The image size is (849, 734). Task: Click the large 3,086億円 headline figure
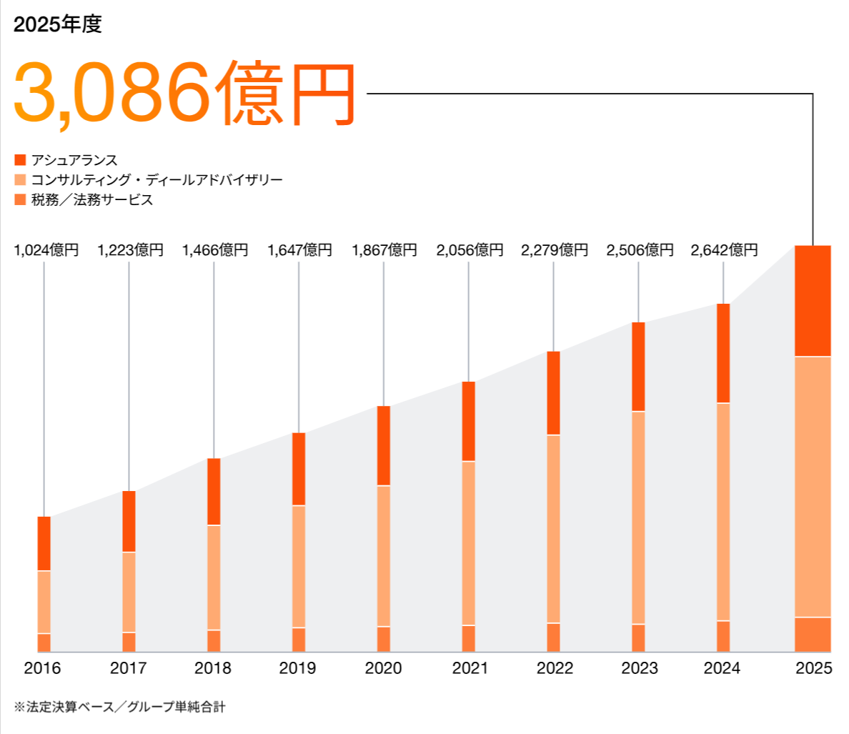184,94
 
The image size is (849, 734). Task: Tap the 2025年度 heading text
58,24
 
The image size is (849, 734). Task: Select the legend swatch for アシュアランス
20,160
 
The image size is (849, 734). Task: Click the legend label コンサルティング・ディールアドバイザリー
157,179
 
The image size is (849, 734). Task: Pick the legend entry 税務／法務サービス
91,199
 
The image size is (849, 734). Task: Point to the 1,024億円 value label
46,250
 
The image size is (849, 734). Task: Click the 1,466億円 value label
214,250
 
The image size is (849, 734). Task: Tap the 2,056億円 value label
470,250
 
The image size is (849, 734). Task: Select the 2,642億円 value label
724,250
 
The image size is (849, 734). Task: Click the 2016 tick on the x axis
43,668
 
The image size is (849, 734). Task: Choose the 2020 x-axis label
384,668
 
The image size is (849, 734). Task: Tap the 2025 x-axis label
813,668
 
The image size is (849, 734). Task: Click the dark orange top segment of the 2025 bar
813,300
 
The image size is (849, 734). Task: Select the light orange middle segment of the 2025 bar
813,486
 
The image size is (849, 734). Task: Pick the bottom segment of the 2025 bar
813,635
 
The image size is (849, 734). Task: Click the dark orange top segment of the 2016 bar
44,543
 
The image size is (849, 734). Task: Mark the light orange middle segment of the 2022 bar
553,529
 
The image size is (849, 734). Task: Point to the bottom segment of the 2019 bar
299,640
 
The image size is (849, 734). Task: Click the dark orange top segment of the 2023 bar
638,367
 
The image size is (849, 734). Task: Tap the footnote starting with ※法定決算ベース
119,707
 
